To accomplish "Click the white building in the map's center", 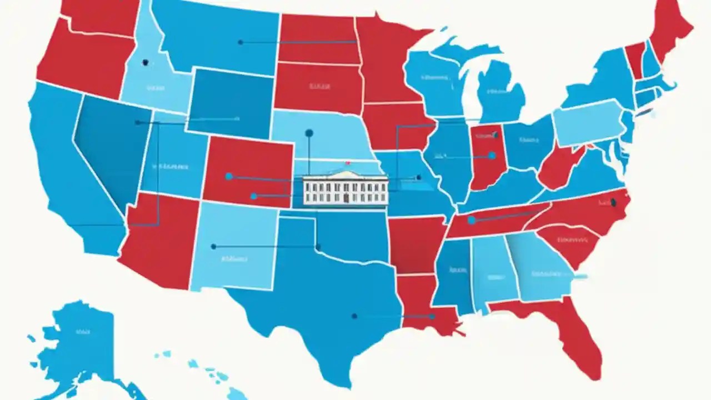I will click(345, 189).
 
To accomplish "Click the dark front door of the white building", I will click(346, 197).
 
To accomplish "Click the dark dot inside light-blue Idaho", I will click(145, 63).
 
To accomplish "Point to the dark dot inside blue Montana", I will click(240, 42).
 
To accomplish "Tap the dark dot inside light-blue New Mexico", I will click(213, 246).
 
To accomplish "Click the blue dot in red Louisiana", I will click(431, 316).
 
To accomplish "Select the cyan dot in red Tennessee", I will click(471, 221).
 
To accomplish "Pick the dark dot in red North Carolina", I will click(613, 202).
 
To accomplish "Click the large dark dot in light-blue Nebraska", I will click(309, 133).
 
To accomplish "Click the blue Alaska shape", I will click(78, 339).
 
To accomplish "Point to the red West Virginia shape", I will click(558, 167).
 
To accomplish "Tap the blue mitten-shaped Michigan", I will click(500, 92).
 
